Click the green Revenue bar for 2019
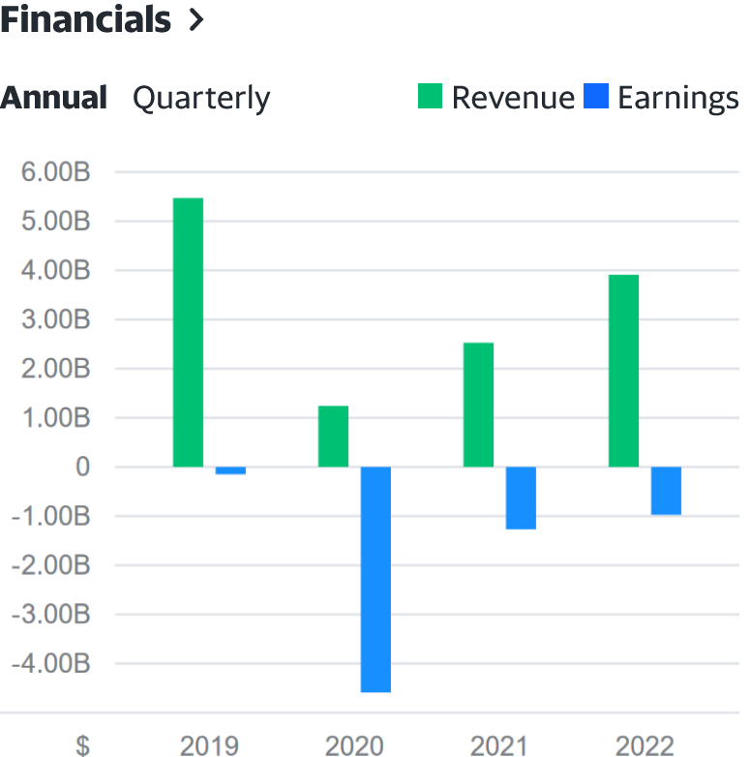pyautogui.click(x=188, y=332)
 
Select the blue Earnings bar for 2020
pyautogui.click(x=375, y=579)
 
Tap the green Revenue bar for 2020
pyautogui.click(x=333, y=436)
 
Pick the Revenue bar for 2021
pyautogui.click(x=478, y=405)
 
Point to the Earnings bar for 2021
pyautogui.click(x=521, y=498)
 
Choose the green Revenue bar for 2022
pyautogui.click(x=623, y=371)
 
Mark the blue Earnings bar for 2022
pyautogui.click(x=666, y=491)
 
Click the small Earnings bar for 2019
pyautogui.click(x=230, y=470)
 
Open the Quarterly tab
pyautogui.click(x=201, y=98)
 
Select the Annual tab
pyautogui.click(x=54, y=98)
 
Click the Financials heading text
pyautogui.click(x=85, y=19)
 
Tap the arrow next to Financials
pyautogui.click(x=197, y=20)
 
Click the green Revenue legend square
pyautogui.click(x=430, y=97)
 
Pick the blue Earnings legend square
pyautogui.click(x=597, y=97)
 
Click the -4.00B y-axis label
pyautogui.click(x=48, y=664)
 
